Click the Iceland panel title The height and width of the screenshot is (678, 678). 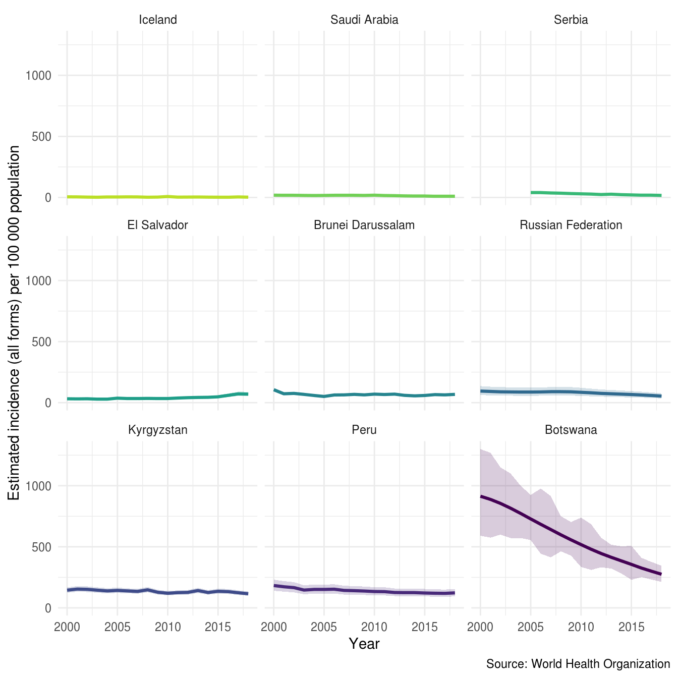[158, 20]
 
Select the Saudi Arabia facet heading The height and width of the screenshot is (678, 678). [364, 20]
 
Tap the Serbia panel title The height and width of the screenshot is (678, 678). [571, 20]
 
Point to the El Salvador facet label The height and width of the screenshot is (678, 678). [158, 225]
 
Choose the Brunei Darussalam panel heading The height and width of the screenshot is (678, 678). [364, 225]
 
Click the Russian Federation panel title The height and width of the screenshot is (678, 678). [571, 225]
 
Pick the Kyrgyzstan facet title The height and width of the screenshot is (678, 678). [158, 430]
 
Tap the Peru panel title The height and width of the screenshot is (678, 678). [364, 430]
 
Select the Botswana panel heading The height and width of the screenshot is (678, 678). [571, 430]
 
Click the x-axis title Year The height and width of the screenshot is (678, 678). [364, 644]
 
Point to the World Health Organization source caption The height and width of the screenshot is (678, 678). [578, 664]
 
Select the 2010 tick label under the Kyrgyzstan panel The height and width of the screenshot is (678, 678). [167, 627]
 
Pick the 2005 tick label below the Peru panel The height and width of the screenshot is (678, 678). [324, 627]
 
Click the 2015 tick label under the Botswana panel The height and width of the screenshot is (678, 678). [631, 627]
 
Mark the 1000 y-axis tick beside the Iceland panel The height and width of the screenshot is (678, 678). [38, 76]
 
